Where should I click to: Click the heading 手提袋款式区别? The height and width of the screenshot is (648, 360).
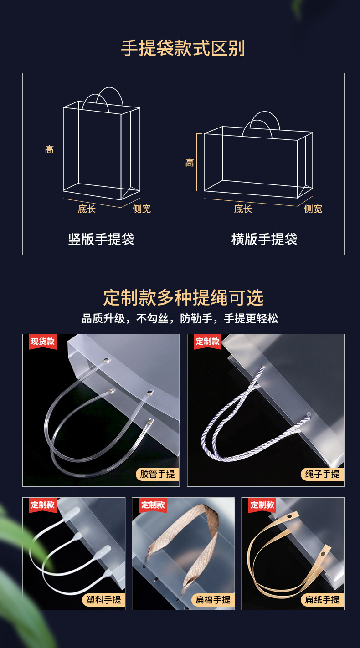tap(183, 48)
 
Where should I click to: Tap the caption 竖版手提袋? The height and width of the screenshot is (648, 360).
tap(101, 239)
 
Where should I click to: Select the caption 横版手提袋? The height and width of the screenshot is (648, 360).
tap(264, 239)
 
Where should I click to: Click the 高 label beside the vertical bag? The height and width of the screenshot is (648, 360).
tap(49, 149)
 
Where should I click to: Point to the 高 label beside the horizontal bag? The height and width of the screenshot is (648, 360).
tap(190, 163)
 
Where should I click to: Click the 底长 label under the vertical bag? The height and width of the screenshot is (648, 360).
tap(87, 209)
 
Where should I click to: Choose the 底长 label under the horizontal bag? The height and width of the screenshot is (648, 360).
tap(243, 209)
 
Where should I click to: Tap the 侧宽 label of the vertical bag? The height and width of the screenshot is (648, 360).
tap(142, 209)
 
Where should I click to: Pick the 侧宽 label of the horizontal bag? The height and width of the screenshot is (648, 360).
tap(313, 209)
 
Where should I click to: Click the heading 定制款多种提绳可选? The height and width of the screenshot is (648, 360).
tap(183, 298)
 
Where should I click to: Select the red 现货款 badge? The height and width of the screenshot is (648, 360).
tap(42, 341)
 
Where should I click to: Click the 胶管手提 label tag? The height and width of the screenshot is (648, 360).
tap(157, 474)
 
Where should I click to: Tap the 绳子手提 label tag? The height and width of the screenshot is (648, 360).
tap(322, 474)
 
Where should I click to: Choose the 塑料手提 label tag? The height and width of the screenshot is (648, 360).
tap(103, 600)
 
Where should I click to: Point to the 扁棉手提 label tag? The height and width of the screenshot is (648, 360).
tap(213, 600)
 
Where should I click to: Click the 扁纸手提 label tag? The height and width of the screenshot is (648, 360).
tap(322, 600)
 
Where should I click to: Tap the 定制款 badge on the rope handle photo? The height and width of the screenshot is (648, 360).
tap(207, 341)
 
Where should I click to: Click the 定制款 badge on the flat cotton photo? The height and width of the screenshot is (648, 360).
tap(153, 505)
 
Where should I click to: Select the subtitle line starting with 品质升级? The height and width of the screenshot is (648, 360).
tap(180, 318)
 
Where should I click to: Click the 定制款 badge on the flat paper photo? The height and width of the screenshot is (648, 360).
tap(262, 505)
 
